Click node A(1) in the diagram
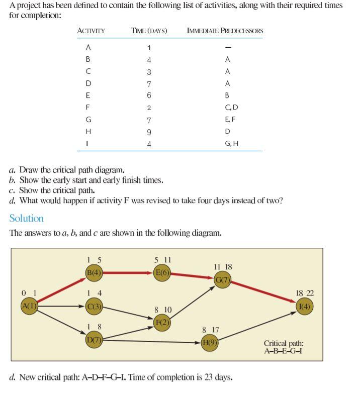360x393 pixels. [29, 306]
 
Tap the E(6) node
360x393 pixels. [162, 273]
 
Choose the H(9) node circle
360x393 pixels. [210, 343]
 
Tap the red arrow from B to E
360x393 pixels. [128, 273]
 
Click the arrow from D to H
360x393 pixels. [151, 341]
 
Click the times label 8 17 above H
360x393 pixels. [211, 330]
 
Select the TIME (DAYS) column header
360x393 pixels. [149, 31]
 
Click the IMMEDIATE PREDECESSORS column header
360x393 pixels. [225, 31]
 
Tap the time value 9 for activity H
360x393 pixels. [149, 131]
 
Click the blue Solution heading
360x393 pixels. [27, 218]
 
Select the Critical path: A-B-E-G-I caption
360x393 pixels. [284, 347]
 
